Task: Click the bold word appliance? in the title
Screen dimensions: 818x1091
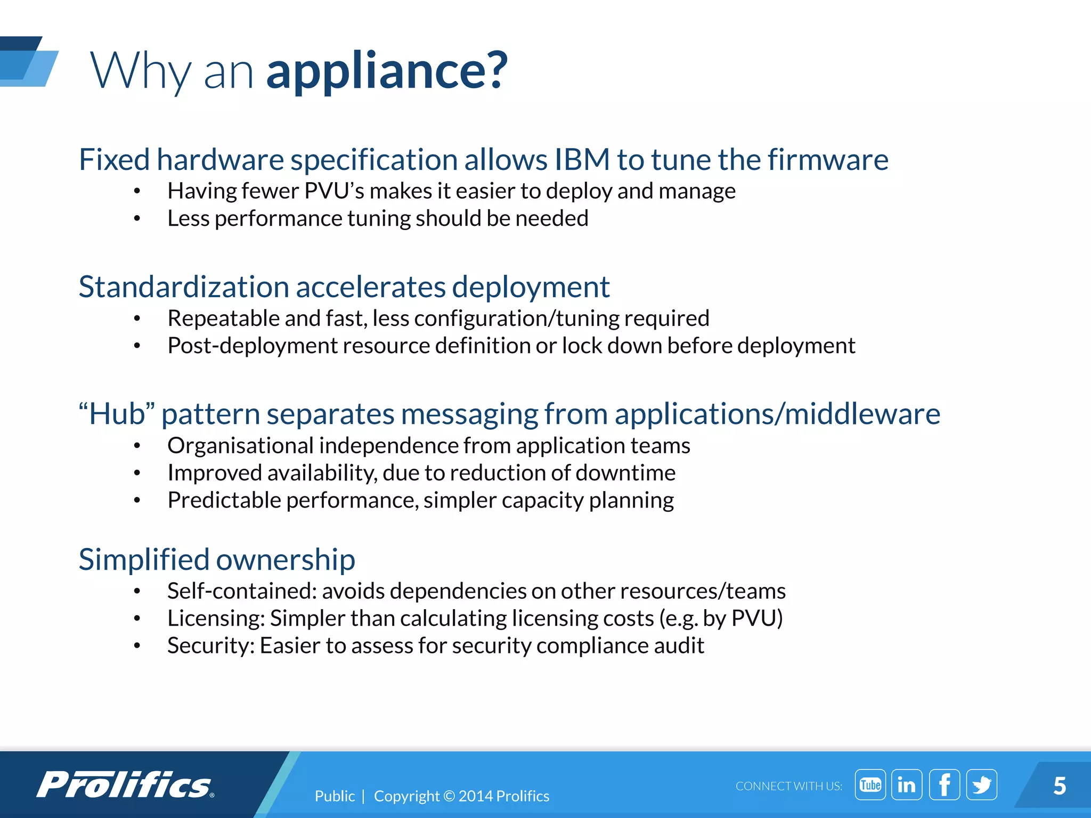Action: [x=387, y=70]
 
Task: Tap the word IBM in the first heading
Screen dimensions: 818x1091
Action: [x=582, y=159]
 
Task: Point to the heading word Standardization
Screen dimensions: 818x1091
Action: [x=184, y=287]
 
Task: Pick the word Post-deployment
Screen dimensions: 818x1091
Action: [x=252, y=346]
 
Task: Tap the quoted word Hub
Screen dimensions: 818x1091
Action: [x=117, y=414]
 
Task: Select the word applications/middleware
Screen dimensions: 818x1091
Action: [x=777, y=414]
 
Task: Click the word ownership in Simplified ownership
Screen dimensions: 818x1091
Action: [x=286, y=559]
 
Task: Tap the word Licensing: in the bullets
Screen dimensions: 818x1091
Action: [x=216, y=618]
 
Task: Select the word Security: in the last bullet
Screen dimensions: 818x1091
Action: [x=210, y=645]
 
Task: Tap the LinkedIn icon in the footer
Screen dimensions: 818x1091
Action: [x=907, y=784]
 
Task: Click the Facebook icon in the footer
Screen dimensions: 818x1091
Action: [x=944, y=784]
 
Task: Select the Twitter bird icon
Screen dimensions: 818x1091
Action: [x=981, y=784]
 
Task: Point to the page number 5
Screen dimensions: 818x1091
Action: [x=1060, y=786]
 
